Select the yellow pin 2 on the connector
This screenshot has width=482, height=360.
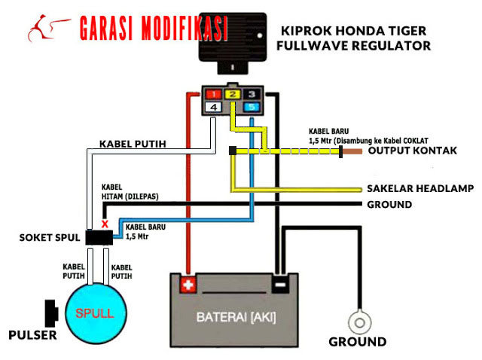pyautogui.click(x=233, y=95)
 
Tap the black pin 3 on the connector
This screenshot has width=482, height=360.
pyautogui.click(x=252, y=95)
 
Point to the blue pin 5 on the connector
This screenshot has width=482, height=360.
pyautogui.click(x=252, y=108)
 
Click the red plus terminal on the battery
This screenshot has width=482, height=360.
pyautogui.click(x=188, y=285)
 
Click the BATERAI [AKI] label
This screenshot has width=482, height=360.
pyautogui.click(x=236, y=317)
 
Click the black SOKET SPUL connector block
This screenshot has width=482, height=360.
pyautogui.click(x=99, y=238)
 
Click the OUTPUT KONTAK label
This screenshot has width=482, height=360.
pyautogui.click(x=412, y=151)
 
